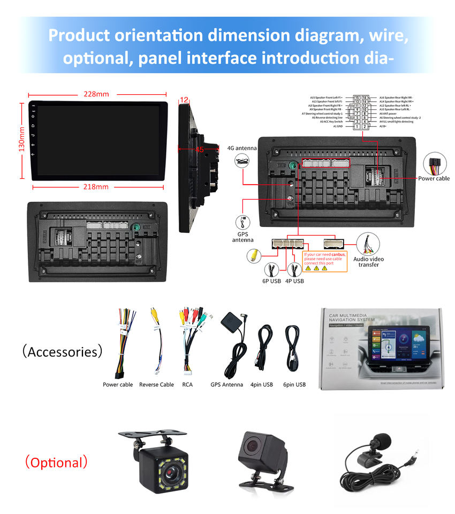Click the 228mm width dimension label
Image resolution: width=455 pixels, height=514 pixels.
tap(96, 94)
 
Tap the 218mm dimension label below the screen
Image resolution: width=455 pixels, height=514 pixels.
tap(96, 187)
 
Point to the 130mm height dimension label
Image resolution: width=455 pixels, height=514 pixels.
tap(22, 139)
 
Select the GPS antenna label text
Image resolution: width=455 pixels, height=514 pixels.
tap(242, 237)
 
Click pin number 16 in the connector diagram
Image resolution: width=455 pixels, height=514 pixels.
tap(365, 97)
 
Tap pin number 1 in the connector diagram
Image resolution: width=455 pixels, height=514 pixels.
tap(357, 126)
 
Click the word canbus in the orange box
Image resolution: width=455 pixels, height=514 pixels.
tap(338, 254)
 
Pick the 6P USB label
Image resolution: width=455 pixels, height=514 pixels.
tap(272, 281)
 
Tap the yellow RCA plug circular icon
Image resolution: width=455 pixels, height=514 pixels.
tap(253, 256)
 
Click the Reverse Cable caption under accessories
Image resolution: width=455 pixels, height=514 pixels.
tap(156, 384)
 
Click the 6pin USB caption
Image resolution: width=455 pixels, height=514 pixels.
tap(294, 384)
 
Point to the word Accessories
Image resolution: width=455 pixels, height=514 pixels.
tap(62, 352)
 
